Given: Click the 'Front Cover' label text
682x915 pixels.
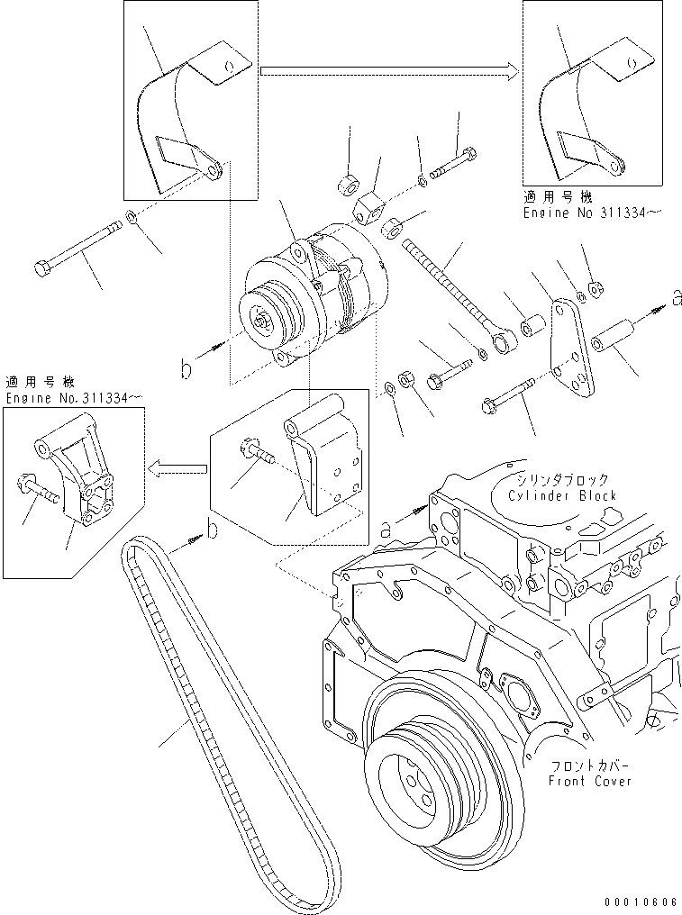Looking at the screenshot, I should [x=590, y=781].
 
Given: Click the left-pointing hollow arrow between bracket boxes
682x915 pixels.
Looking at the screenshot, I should [x=177, y=467].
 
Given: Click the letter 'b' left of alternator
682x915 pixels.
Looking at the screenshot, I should [x=186, y=368].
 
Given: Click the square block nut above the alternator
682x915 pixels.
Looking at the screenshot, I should [x=368, y=210].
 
